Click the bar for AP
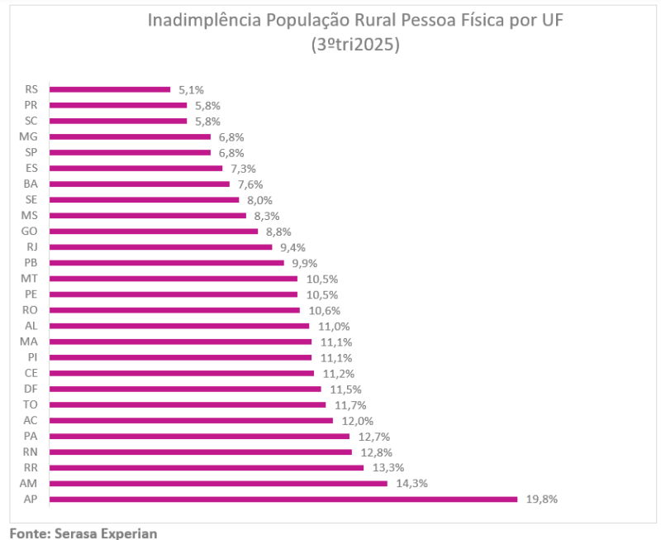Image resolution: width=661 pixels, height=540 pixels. [x=283, y=499]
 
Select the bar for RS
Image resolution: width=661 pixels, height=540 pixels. [x=109, y=89]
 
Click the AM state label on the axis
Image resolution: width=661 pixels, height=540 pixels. [x=31, y=483]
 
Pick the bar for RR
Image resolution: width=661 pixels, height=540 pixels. [x=206, y=467]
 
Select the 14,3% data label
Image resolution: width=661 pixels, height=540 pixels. [x=411, y=483]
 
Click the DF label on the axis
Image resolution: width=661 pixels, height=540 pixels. [x=31, y=389]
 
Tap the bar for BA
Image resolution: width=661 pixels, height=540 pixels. [x=139, y=184]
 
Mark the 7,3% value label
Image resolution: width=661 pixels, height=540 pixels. [x=243, y=168]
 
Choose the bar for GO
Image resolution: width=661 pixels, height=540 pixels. [x=153, y=231]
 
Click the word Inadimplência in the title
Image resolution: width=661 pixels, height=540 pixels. [x=203, y=20]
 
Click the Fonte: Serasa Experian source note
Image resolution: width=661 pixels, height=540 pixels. [x=83, y=533]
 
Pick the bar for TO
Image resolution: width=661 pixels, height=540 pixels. [x=187, y=404]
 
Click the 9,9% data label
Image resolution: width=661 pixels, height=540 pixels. [x=305, y=263]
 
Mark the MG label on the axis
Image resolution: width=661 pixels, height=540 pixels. [x=30, y=136]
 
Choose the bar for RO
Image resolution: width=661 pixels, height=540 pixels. [x=174, y=310]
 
